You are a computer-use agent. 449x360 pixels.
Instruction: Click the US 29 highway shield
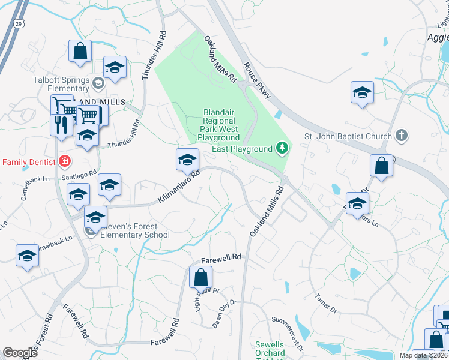click(x=20, y=23)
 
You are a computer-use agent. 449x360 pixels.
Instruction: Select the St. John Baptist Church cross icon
click(x=402, y=136)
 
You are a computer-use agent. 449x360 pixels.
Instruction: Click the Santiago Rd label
click(x=79, y=174)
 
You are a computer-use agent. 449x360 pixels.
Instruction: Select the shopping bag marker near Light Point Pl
click(x=200, y=278)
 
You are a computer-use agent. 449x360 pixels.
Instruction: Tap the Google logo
click(x=20, y=353)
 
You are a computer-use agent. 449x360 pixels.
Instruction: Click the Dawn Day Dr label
click(x=225, y=313)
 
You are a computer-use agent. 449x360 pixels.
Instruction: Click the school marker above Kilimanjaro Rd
click(x=187, y=160)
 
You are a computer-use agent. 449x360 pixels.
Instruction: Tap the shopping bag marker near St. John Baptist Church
click(x=382, y=166)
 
